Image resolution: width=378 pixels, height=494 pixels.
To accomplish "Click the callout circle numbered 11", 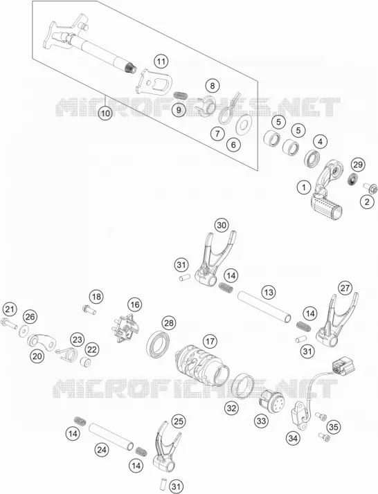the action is (x=161, y=62).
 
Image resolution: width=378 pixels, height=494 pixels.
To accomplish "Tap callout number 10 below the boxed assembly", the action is (x=105, y=113).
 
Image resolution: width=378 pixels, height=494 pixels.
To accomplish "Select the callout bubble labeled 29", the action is (x=358, y=165).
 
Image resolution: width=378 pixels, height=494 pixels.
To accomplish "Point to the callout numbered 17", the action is (x=210, y=341).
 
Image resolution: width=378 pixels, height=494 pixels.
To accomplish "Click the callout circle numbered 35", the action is (x=333, y=427).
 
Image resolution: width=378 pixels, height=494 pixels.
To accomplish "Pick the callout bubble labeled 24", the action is (x=102, y=450).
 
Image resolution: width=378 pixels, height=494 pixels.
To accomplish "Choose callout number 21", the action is (x=10, y=309).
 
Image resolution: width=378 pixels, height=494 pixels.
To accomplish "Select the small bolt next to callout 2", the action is (x=368, y=187).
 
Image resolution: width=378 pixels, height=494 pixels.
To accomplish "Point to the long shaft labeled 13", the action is (x=264, y=307).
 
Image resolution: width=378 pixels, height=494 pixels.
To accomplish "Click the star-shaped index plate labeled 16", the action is (x=126, y=328).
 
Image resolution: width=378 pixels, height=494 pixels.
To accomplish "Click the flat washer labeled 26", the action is (x=23, y=331).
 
